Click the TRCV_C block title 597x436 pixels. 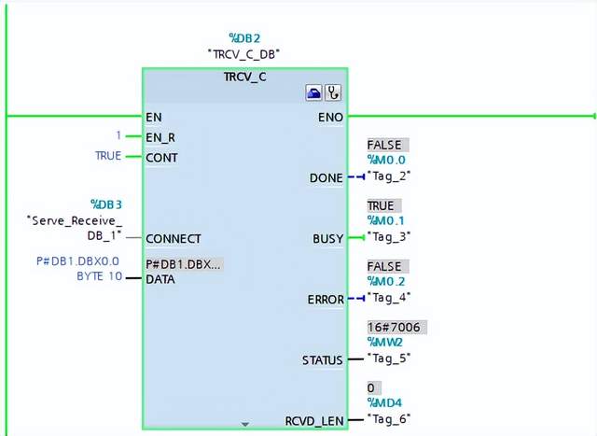pos(244,76)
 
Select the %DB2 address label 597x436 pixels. pos(245,38)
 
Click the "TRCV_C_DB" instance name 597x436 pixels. pos(245,54)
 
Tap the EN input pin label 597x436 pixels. pos(154,117)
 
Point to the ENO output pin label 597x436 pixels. pos(331,117)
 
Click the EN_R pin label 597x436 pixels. pos(160,137)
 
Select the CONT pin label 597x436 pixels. pos(162,157)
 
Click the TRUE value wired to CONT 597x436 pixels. pos(108,156)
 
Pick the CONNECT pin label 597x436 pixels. pos(174,238)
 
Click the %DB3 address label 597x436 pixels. pos(106,204)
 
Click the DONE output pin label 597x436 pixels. pos(326,177)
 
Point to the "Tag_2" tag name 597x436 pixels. pos(389,176)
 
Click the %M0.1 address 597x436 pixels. pos(385,221)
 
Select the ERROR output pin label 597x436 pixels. pos(326,300)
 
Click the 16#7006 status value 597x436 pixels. pos(396,328)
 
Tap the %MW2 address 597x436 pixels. pos(383,343)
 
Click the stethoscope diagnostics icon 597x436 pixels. pos(332,93)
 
